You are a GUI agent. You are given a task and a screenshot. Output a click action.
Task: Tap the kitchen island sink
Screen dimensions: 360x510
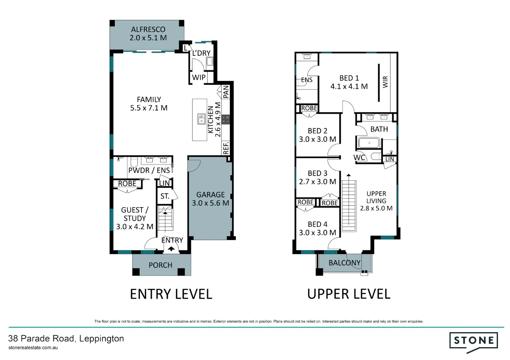(x=201, y=119)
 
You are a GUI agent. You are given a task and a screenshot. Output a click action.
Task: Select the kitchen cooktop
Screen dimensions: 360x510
(x=226, y=119)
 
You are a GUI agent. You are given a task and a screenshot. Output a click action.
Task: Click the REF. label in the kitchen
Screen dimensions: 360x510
(x=226, y=148)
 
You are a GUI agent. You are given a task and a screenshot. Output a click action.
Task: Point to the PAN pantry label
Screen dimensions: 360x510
(x=226, y=92)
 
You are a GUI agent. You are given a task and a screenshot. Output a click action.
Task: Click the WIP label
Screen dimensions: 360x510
(x=199, y=77)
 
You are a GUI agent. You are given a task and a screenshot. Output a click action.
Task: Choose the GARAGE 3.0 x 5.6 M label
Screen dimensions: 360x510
(x=210, y=199)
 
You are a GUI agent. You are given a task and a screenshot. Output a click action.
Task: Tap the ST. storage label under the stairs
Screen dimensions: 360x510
(x=165, y=196)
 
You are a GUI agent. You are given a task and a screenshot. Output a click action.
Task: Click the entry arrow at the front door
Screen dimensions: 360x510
(x=171, y=248)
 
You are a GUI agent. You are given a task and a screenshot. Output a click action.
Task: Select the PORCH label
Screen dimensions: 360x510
(x=161, y=265)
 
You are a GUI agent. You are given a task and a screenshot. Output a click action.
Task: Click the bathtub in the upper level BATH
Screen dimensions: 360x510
(x=369, y=143)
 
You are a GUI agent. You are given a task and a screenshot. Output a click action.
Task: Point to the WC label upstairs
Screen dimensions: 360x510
(x=360, y=158)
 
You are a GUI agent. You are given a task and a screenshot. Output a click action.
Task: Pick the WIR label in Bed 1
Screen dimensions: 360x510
(x=385, y=82)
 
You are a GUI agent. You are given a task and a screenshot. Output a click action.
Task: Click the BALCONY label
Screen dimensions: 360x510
(x=345, y=263)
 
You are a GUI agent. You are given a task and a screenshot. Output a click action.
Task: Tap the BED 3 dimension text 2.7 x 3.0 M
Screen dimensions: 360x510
(x=318, y=182)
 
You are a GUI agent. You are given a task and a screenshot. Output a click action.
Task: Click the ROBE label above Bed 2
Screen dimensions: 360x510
(x=309, y=108)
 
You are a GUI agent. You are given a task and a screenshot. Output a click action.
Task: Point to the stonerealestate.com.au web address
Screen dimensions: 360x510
(x=34, y=348)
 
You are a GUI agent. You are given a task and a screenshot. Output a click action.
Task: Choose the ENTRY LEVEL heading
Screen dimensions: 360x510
(x=171, y=294)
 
